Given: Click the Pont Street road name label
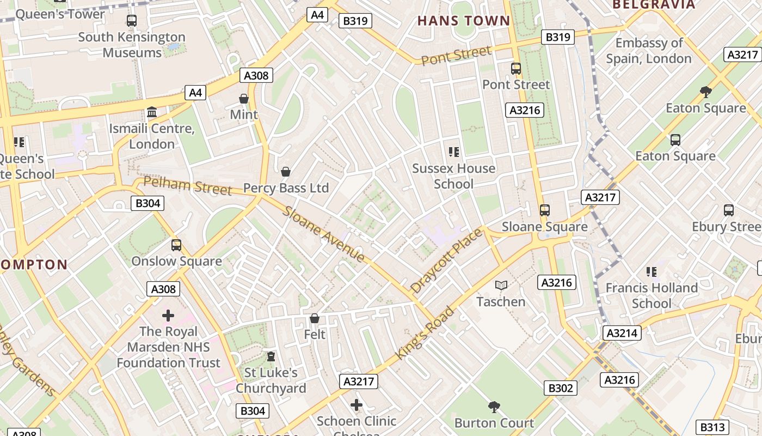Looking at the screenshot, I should pos(456,55).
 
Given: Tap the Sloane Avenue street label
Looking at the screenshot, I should pos(323,234).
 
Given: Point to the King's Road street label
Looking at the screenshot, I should pos(425,333).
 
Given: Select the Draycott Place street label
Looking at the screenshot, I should pos(446,261).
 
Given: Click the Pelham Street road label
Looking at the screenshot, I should pos(188,185).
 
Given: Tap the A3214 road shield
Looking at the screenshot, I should pos(622,333).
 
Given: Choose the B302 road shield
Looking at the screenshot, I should pos(561,388).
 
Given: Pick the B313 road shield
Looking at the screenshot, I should pos(712,427).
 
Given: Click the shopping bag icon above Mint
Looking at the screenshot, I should pos(244,99).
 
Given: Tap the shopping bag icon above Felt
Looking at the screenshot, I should pos(314,318).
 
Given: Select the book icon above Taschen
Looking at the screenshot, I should pos(501,285).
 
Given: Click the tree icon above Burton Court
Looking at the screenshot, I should pos(494,406).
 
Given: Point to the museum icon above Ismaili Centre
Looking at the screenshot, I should pos(152,112).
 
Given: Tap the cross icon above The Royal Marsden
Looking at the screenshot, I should pos(168,315).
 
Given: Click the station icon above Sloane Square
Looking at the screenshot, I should pos(544,210).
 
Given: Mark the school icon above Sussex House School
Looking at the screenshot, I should pos(453,152).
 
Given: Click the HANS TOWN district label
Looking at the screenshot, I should pos(464,21).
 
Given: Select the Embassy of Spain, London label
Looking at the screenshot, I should pos(649,51).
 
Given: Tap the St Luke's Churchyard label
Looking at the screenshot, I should pos(271,380).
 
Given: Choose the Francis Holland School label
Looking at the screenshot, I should pos(652,295).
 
